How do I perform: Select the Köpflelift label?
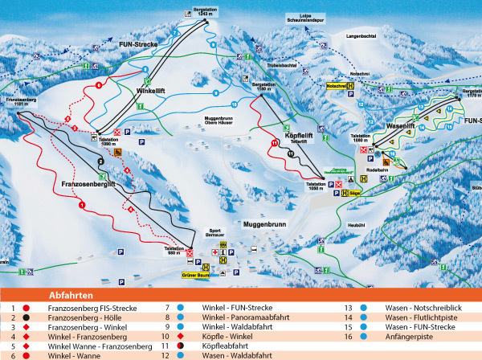point(298,136)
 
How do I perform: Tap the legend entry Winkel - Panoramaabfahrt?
point(233,317)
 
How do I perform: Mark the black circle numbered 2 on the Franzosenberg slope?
point(101,162)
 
